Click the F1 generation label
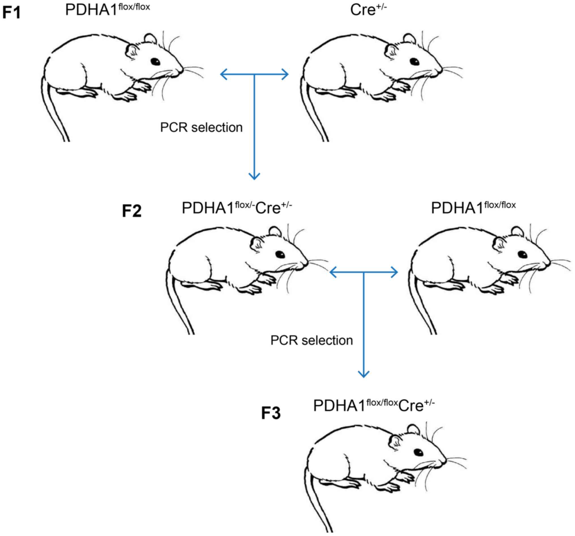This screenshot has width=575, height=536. [12, 13]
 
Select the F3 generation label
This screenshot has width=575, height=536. [271, 413]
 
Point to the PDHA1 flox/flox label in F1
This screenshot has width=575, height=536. [107, 10]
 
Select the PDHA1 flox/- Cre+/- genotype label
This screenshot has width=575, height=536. [237, 207]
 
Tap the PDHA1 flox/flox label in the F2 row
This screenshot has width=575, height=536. [473, 207]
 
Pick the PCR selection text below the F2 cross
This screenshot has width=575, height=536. [311, 340]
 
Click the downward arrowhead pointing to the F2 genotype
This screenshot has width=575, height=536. [254, 176]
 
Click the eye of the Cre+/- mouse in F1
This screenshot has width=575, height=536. [414, 61]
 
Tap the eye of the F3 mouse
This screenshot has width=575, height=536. [418, 452]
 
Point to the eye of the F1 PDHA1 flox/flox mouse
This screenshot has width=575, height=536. [155, 61]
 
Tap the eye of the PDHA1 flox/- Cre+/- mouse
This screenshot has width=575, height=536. [280, 254]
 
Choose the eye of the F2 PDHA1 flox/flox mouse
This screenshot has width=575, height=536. [522, 254]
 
